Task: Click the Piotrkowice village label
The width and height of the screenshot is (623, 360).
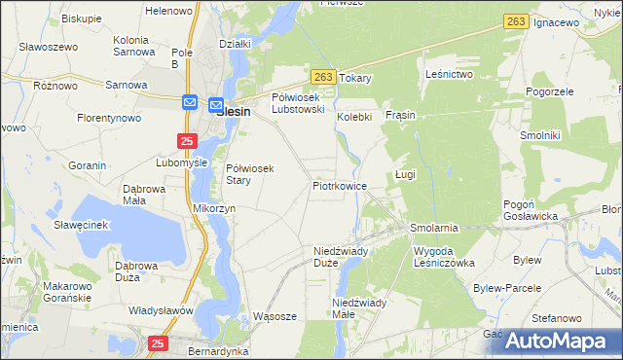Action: (339, 185)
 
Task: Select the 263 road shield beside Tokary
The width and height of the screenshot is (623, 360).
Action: (325, 77)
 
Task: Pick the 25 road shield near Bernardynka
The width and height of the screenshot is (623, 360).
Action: (159, 342)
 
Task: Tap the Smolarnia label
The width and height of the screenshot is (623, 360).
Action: (434, 228)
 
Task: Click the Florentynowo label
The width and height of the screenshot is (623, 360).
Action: (109, 118)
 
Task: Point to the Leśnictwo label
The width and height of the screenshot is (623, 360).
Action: (450, 74)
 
